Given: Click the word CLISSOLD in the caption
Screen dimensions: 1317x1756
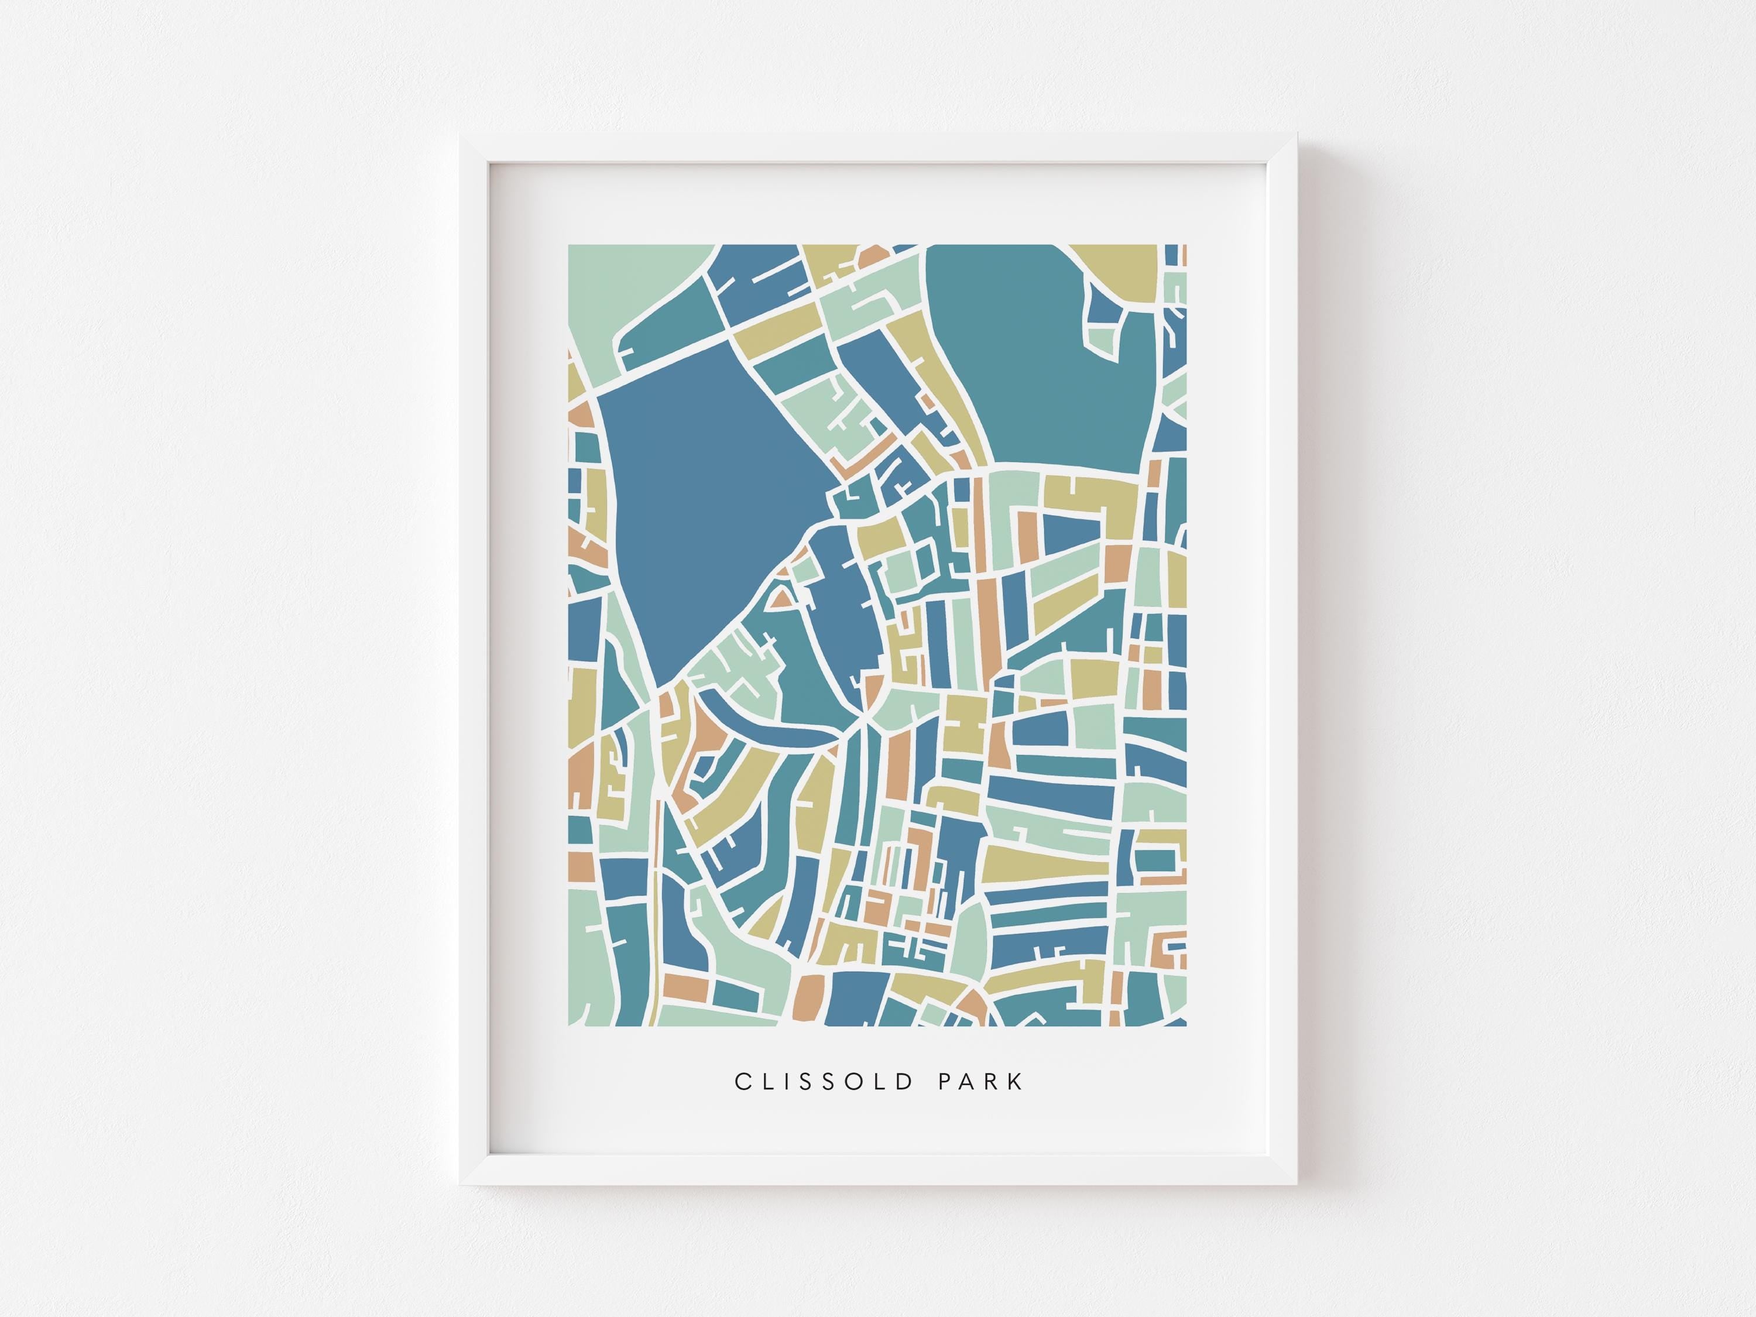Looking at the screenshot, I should click(x=824, y=1081).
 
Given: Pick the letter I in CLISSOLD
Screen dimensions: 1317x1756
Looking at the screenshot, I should click(x=786, y=1081).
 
